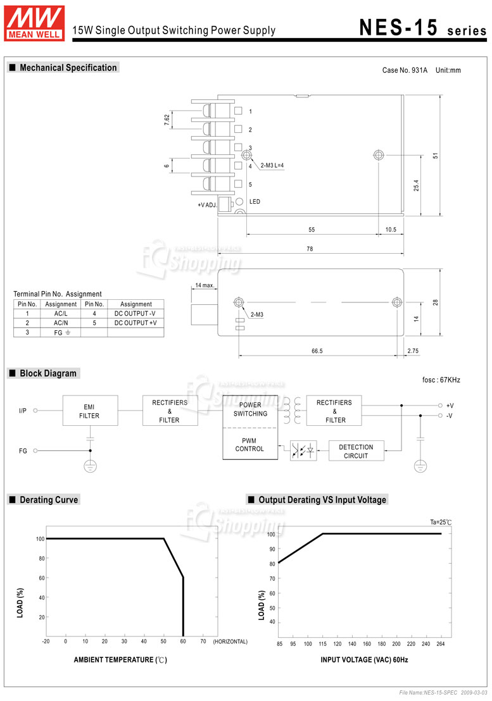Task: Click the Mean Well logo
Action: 34,23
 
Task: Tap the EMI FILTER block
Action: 90,411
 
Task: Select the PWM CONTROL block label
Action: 249,444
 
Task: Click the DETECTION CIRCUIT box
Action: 356,450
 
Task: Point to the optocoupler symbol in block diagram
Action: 303,450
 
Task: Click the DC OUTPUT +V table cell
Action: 136,323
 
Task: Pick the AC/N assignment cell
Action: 61,323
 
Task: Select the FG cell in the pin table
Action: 61,333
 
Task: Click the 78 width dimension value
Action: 310,249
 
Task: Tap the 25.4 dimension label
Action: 416,185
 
